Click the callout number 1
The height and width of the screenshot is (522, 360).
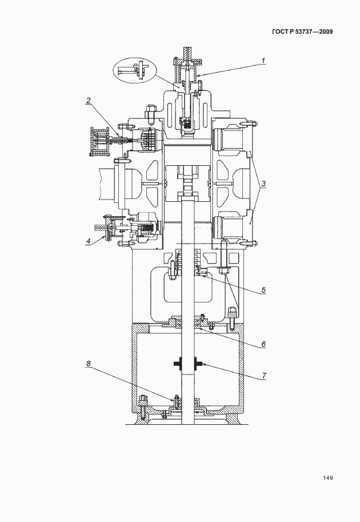[x=263, y=61]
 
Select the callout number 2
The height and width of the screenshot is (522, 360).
[x=89, y=100]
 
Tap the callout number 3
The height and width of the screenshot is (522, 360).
[x=263, y=184]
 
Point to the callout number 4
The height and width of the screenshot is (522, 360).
[x=88, y=242]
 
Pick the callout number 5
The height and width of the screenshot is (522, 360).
[x=263, y=290]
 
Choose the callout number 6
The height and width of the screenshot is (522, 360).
[x=263, y=344]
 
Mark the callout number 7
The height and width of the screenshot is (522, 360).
[x=264, y=376]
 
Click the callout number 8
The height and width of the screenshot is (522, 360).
[x=88, y=364]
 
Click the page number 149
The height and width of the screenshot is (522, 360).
[x=328, y=478]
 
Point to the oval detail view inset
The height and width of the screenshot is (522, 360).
[x=134, y=70]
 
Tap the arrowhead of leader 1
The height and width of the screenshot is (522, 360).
[x=199, y=75]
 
